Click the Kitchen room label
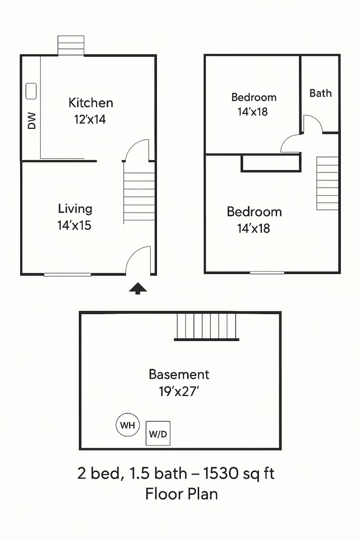pos(91,103)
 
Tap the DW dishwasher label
pos(32,121)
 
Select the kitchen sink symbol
pos(31,91)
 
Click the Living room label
pos(75,209)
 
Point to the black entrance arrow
pos(138,288)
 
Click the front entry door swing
pos(138,261)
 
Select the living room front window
pos(67,274)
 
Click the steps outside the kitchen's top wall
pos(71,45)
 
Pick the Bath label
pos(320,93)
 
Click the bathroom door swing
pos(313,124)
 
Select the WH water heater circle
pos(128,425)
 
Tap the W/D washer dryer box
pos(158,433)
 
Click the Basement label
pos(179,374)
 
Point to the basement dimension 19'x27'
pos(179,392)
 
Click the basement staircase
pos(207,327)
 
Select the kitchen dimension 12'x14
pos(90,120)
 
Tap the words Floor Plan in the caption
pos(181,494)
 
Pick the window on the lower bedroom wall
pos(267,273)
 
